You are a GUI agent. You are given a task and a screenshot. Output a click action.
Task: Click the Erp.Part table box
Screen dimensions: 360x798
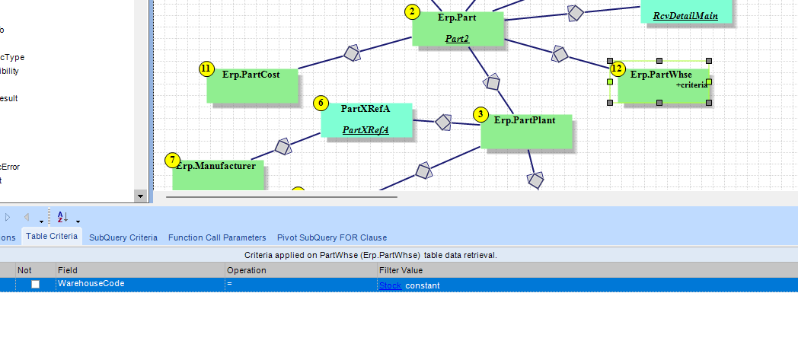click(458, 29)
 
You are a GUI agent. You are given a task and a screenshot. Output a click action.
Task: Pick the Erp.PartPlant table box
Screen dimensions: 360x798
click(526, 131)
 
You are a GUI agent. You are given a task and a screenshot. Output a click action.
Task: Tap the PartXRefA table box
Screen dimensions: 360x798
click(365, 119)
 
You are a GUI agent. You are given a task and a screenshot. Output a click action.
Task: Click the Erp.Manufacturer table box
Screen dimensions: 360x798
click(218, 174)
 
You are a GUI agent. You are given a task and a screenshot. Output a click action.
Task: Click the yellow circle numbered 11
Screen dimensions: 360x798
click(206, 69)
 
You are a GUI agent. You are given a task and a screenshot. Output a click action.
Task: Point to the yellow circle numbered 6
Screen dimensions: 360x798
click(321, 103)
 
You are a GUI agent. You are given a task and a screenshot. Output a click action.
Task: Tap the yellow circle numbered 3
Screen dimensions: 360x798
click(480, 114)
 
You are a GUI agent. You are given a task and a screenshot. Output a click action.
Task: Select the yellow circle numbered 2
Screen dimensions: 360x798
click(412, 11)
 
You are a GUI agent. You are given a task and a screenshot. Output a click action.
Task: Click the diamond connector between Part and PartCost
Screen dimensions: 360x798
click(351, 53)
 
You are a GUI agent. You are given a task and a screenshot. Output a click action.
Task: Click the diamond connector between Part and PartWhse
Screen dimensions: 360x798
click(560, 54)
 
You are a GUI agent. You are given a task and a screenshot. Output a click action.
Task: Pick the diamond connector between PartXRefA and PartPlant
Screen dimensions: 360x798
click(443, 123)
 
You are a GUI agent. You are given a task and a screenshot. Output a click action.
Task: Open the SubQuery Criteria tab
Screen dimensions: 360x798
click(123, 237)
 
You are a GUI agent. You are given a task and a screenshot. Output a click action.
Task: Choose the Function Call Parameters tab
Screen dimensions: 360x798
click(217, 237)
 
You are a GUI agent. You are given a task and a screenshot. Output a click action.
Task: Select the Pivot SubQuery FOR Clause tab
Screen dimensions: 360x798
click(331, 237)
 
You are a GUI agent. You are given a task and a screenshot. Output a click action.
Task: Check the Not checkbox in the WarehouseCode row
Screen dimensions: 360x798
click(35, 285)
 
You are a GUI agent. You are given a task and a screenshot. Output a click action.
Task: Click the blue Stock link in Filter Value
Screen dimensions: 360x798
click(390, 285)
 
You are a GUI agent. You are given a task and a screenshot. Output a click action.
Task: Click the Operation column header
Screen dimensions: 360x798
click(246, 270)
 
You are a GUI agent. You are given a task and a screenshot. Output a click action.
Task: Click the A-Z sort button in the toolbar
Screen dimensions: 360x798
click(63, 217)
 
